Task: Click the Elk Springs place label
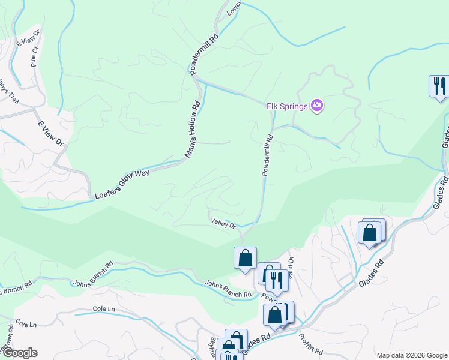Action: pyautogui.click(x=286, y=106)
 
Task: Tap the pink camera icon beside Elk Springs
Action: pyautogui.click(x=317, y=106)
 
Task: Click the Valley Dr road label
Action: pyautogui.click(x=223, y=223)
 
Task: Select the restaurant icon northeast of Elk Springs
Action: pyautogui.click(x=438, y=85)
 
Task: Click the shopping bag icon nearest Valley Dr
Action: pyautogui.click(x=245, y=258)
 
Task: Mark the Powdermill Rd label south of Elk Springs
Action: pyautogui.click(x=267, y=155)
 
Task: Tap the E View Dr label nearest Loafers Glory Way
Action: pyautogui.click(x=50, y=133)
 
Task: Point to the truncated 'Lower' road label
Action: pyautogui.click(x=234, y=8)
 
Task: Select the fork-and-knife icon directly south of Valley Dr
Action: pyautogui.click(x=276, y=280)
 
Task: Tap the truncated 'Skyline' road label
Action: pyautogui.click(x=212, y=347)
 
